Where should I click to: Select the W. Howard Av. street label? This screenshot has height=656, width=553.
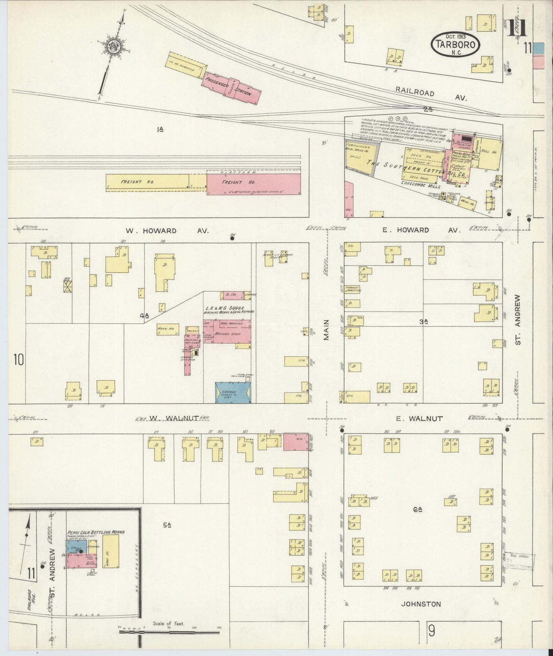(167, 231)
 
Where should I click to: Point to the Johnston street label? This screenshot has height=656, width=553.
(421, 604)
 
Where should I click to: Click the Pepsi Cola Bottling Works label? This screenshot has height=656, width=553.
(96, 532)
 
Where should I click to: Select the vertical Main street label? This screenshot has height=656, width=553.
(326, 330)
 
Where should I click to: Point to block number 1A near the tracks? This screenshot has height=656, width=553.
(160, 130)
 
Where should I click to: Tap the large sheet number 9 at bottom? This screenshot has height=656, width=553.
(431, 630)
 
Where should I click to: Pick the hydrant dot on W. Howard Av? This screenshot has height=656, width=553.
(232, 238)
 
